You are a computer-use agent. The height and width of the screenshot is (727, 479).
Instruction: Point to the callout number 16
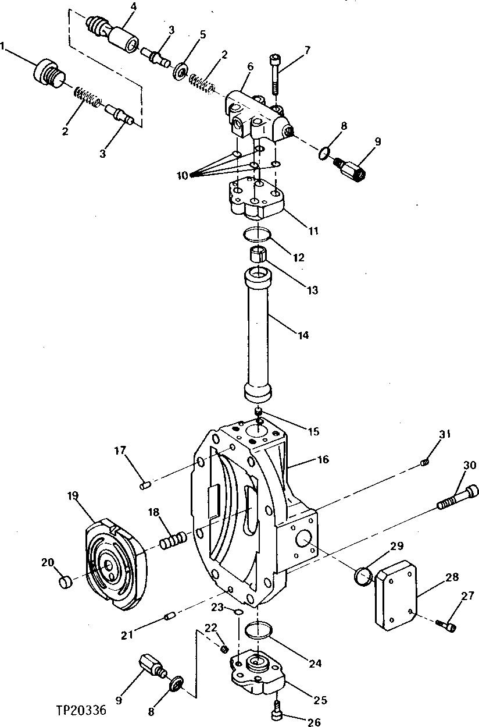click(323, 460)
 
